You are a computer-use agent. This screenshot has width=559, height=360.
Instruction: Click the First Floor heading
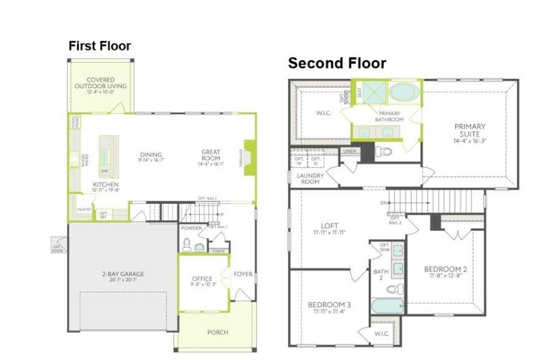pos(100,46)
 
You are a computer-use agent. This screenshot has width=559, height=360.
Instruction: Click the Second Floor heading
pos(337,63)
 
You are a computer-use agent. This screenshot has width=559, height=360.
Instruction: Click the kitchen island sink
pos(105,157)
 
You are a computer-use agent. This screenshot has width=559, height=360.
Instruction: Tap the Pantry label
pos(82,209)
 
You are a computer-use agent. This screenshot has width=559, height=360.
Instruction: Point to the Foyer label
pos(243,275)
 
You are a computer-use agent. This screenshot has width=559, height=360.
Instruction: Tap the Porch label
pos(217,332)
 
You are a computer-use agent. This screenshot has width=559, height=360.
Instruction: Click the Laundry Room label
pos(310,178)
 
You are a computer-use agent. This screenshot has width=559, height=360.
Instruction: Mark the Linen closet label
pos(350,151)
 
